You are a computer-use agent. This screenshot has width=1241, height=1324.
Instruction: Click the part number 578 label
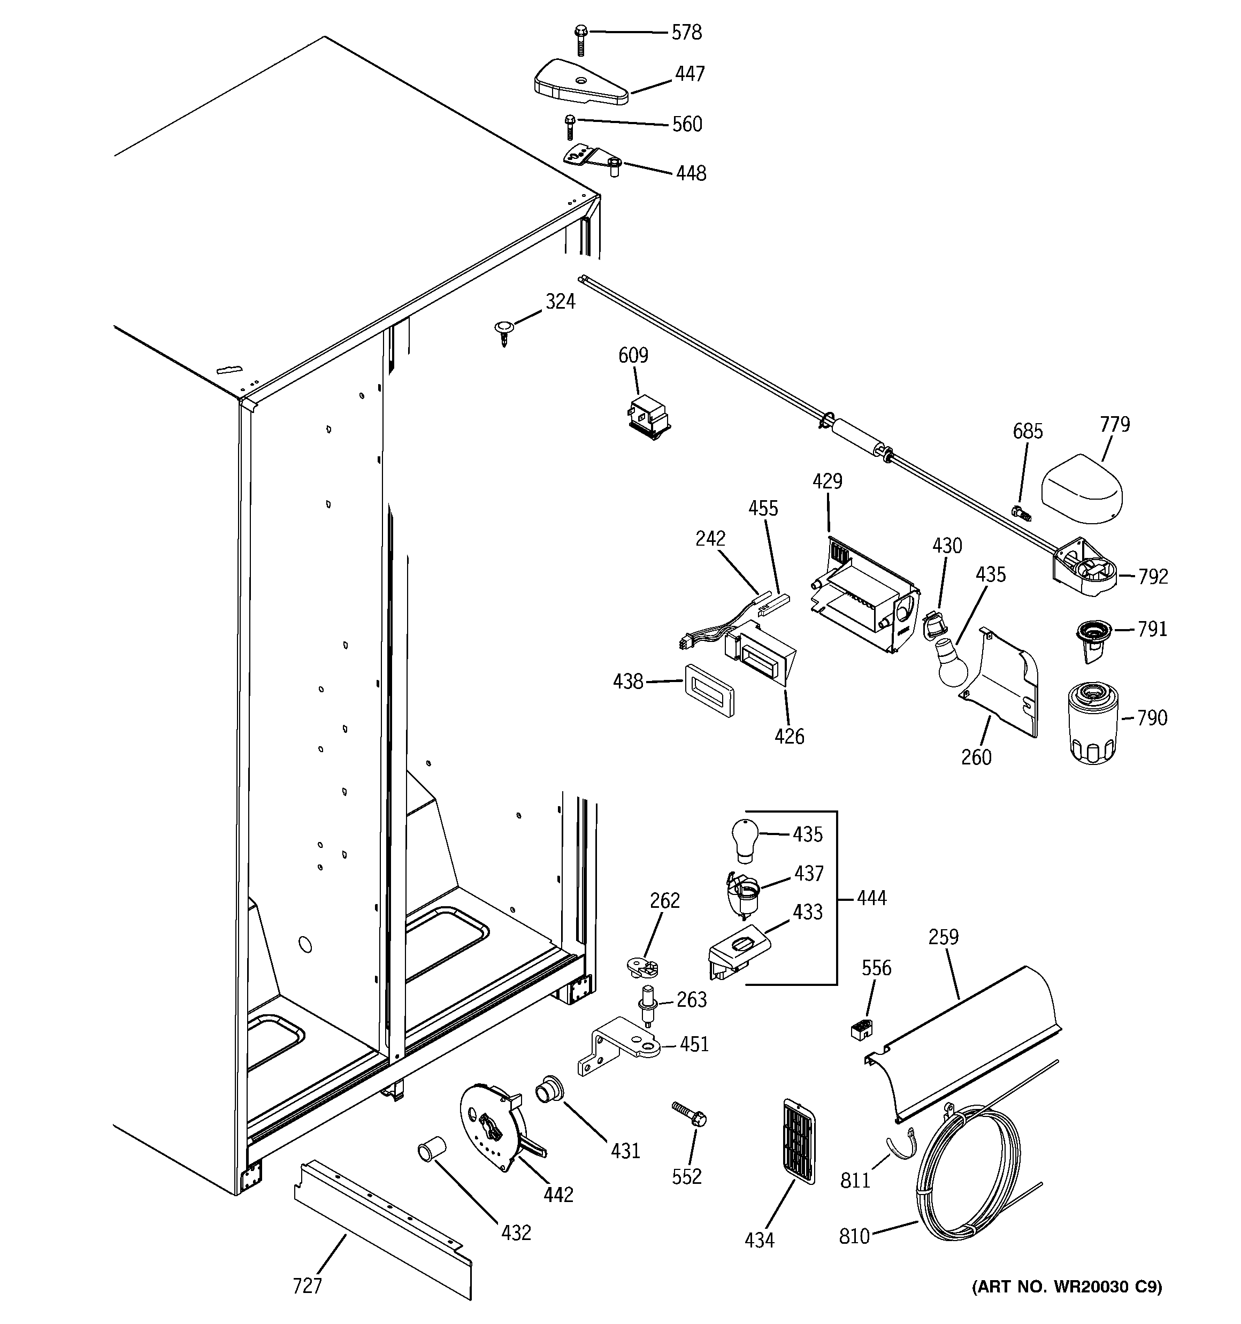[x=686, y=32]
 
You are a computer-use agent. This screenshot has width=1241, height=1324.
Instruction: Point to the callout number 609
[x=633, y=356]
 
